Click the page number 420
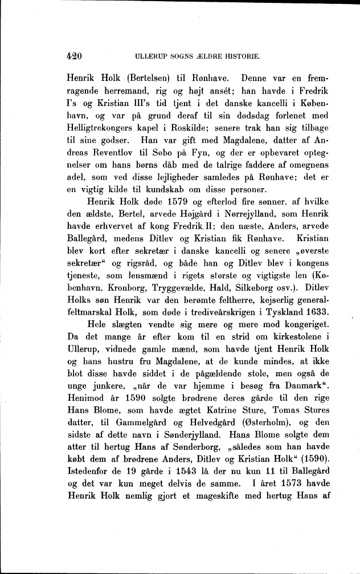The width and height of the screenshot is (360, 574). (x=75, y=56)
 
